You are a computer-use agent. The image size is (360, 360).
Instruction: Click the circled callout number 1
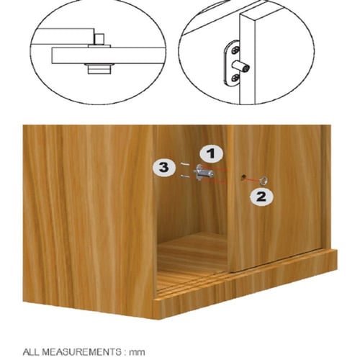click(211, 153)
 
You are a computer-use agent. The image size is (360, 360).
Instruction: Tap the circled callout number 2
click(261, 197)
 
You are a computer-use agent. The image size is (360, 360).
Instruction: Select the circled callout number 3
click(164, 167)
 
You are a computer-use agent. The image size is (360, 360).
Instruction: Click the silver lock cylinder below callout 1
click(204, 172)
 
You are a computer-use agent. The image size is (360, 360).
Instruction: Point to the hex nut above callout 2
click(264, 180)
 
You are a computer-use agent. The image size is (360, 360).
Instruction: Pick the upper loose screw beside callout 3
click(184, 164)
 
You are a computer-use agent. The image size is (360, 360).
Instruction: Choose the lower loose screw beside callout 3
click(184, 177)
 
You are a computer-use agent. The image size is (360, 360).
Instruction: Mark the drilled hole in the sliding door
click(243, 177)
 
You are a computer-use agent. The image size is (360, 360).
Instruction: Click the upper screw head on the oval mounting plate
click(235, 50)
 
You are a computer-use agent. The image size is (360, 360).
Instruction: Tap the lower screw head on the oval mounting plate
click(235, 78)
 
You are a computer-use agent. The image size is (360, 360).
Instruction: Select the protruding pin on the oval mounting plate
click(241, 66)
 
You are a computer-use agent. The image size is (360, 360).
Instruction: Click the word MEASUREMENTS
click(81, 352)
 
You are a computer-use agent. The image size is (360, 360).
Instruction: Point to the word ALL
click(31, 352)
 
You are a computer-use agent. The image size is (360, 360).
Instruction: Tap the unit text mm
click(137, 353)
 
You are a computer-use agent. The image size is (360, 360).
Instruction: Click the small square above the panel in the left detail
click(99, 39)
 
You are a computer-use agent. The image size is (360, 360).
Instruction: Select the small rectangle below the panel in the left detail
click(99, 70)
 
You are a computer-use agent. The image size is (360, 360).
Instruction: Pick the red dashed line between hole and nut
click(252, 179)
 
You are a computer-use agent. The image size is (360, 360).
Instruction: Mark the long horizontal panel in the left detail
click(108, 55)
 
